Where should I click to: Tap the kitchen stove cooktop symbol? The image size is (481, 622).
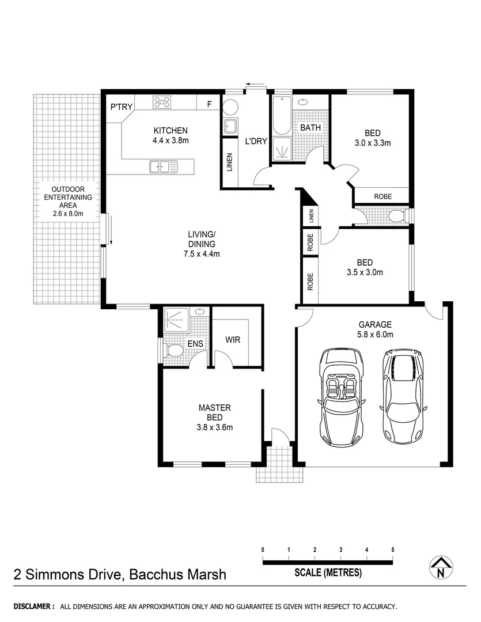(162, 103)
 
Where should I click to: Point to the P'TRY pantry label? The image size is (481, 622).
(122, 107)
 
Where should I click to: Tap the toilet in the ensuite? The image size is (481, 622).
(173, 350)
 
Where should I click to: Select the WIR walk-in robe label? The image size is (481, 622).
(233, 340)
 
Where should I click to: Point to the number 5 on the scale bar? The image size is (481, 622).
(393, 549)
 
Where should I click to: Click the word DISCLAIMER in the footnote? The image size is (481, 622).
(34, 606)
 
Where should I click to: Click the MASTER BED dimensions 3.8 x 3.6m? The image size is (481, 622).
(210, 427)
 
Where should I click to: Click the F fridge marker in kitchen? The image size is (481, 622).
(209, 105)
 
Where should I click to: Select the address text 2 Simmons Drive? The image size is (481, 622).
(69, 574)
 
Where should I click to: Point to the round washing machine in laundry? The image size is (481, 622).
(230, 108)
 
